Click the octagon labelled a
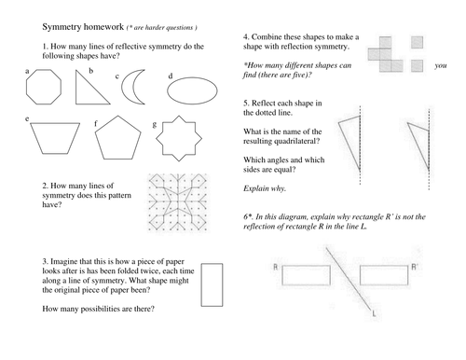(46, 91)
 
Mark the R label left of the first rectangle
(276, 268)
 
